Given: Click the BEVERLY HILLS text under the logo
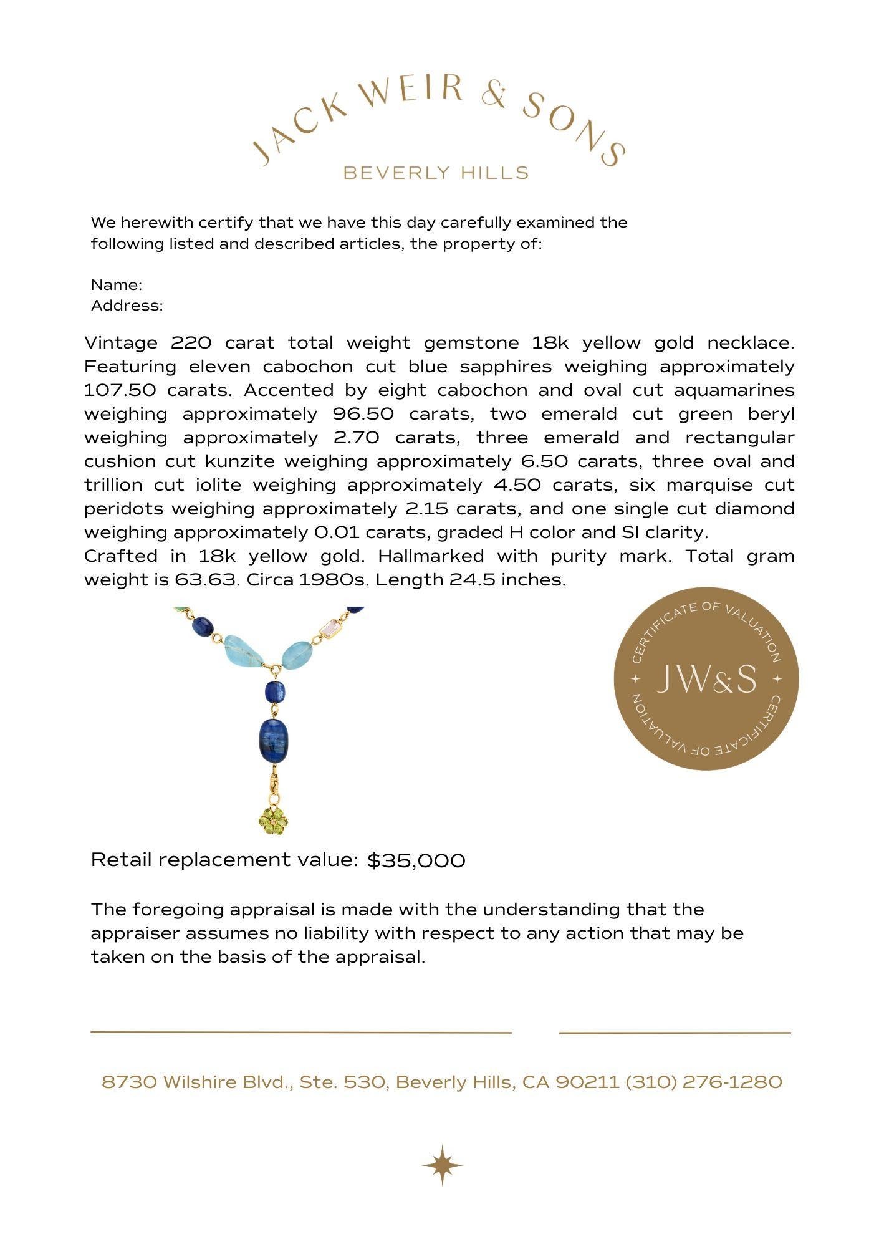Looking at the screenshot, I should [436, 173].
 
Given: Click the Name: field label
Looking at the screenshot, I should [117, 285].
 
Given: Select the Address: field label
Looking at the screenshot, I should [127, 306].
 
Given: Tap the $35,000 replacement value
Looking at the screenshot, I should [416, 860].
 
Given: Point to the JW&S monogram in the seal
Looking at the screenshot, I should [706, 679].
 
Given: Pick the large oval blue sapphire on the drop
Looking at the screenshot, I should [273, 739].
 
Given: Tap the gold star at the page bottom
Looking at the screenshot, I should [442, 1165].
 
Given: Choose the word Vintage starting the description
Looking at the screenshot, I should [121, 343].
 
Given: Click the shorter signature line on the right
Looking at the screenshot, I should [675, 1033].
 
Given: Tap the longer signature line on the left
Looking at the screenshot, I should [300, 1032].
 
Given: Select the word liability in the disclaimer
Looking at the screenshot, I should [318, 933].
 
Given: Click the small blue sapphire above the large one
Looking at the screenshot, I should [274, 691].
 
